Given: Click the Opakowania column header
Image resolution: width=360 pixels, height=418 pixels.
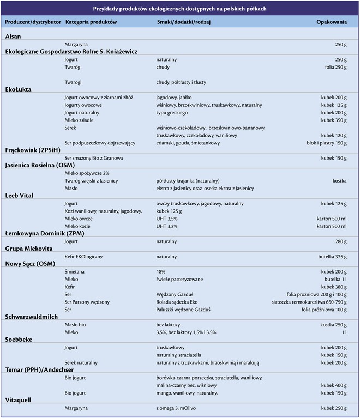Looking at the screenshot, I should coord(331,22).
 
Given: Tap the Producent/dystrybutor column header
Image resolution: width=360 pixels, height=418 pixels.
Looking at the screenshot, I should coord(32,22).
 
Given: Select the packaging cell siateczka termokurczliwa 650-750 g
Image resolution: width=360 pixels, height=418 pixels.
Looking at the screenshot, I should coord(309,302).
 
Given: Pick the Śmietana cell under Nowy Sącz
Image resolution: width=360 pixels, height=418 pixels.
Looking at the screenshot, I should coord(74,271).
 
